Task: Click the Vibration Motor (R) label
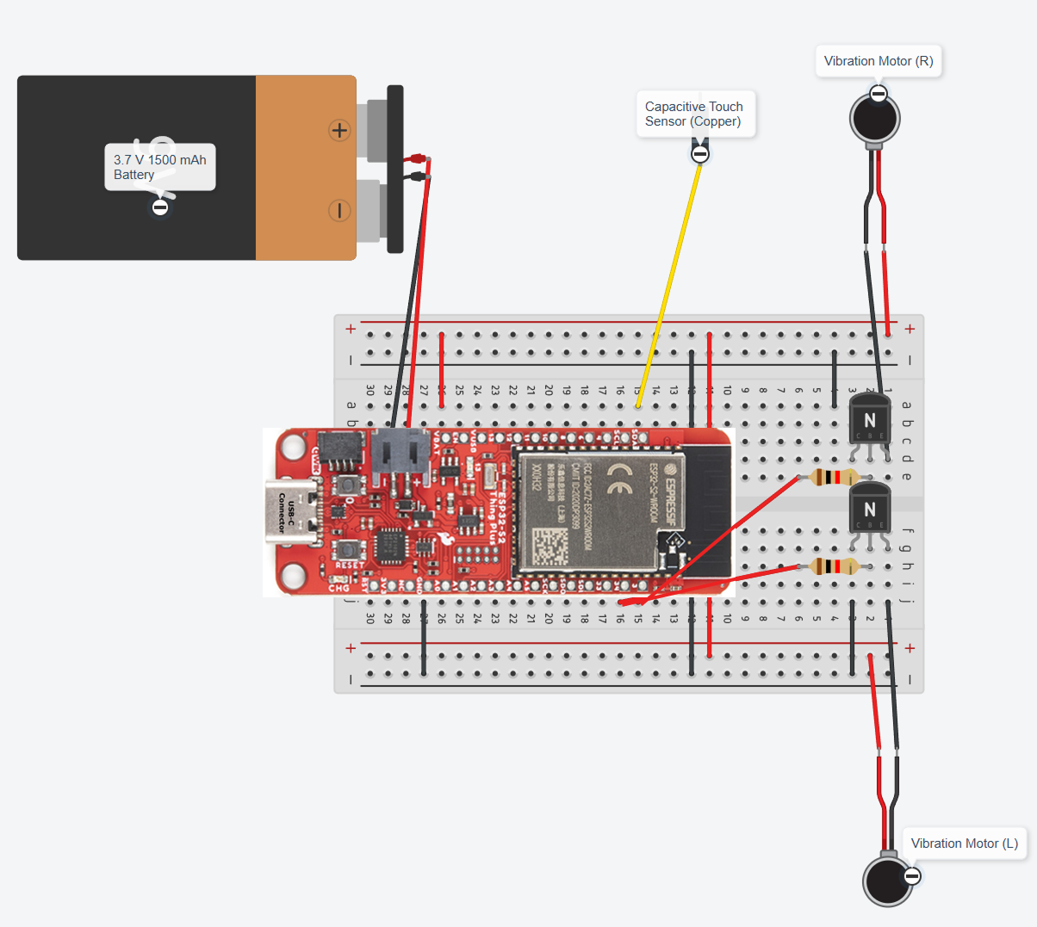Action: [878, 61]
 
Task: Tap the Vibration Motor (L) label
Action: [964, 844]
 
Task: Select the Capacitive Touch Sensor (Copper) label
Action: [693, 114]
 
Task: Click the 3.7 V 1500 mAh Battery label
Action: [159, 167]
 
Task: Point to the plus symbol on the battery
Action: [339, 130]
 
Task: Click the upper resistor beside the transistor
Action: [832, 477]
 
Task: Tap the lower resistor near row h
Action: [832, 566]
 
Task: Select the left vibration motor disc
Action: [887, 881]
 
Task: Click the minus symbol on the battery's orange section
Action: [339, 210]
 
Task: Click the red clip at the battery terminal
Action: [418, 159]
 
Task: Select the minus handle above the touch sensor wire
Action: [700, 154]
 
